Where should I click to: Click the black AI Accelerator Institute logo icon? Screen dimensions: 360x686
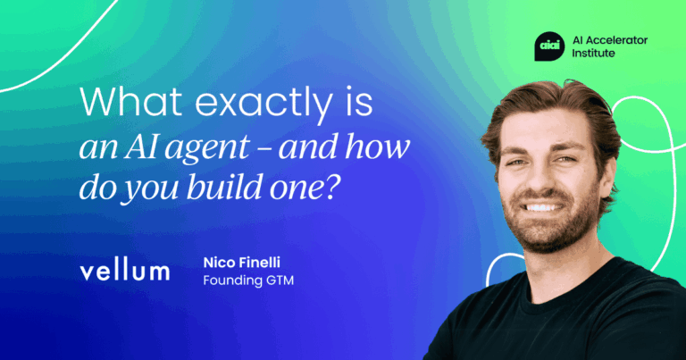click(x=548, y=44)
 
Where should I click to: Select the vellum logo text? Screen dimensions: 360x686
click(x=124, y=271)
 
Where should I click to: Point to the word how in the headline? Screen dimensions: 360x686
click(x=382, y=145)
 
